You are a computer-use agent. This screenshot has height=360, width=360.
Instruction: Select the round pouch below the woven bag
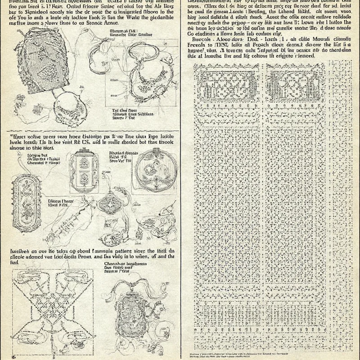[x=70, y=111]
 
